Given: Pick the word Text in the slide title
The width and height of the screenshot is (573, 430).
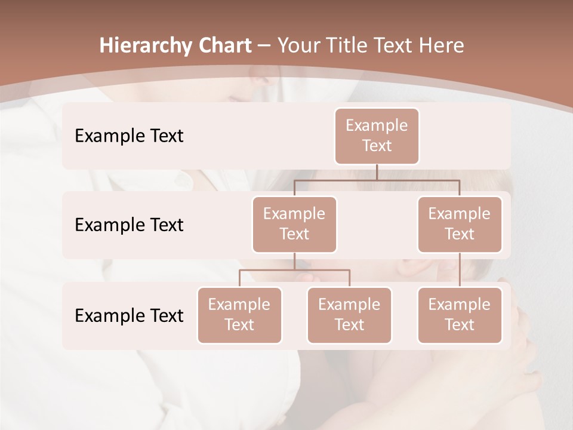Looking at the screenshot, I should coord(390,46).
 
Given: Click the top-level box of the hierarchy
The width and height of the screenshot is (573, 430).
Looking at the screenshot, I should coord(377,136).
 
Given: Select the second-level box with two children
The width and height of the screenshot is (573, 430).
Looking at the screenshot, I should coord(294,224).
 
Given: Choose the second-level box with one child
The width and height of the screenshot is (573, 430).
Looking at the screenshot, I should coord(460,224).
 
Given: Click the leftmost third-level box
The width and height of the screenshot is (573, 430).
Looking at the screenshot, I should coord(239,315).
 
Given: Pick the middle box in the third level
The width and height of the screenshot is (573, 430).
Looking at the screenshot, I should coord(349,315).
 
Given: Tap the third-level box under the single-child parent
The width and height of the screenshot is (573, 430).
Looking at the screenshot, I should coord(460,315).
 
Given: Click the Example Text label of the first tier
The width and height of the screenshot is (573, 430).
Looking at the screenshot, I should coord(129,136).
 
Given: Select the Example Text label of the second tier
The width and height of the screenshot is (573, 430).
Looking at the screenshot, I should coord(129,225).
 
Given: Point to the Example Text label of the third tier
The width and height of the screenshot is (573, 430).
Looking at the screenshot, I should coord(129,316).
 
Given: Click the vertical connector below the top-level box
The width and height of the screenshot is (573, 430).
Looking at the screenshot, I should coord(377,172).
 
